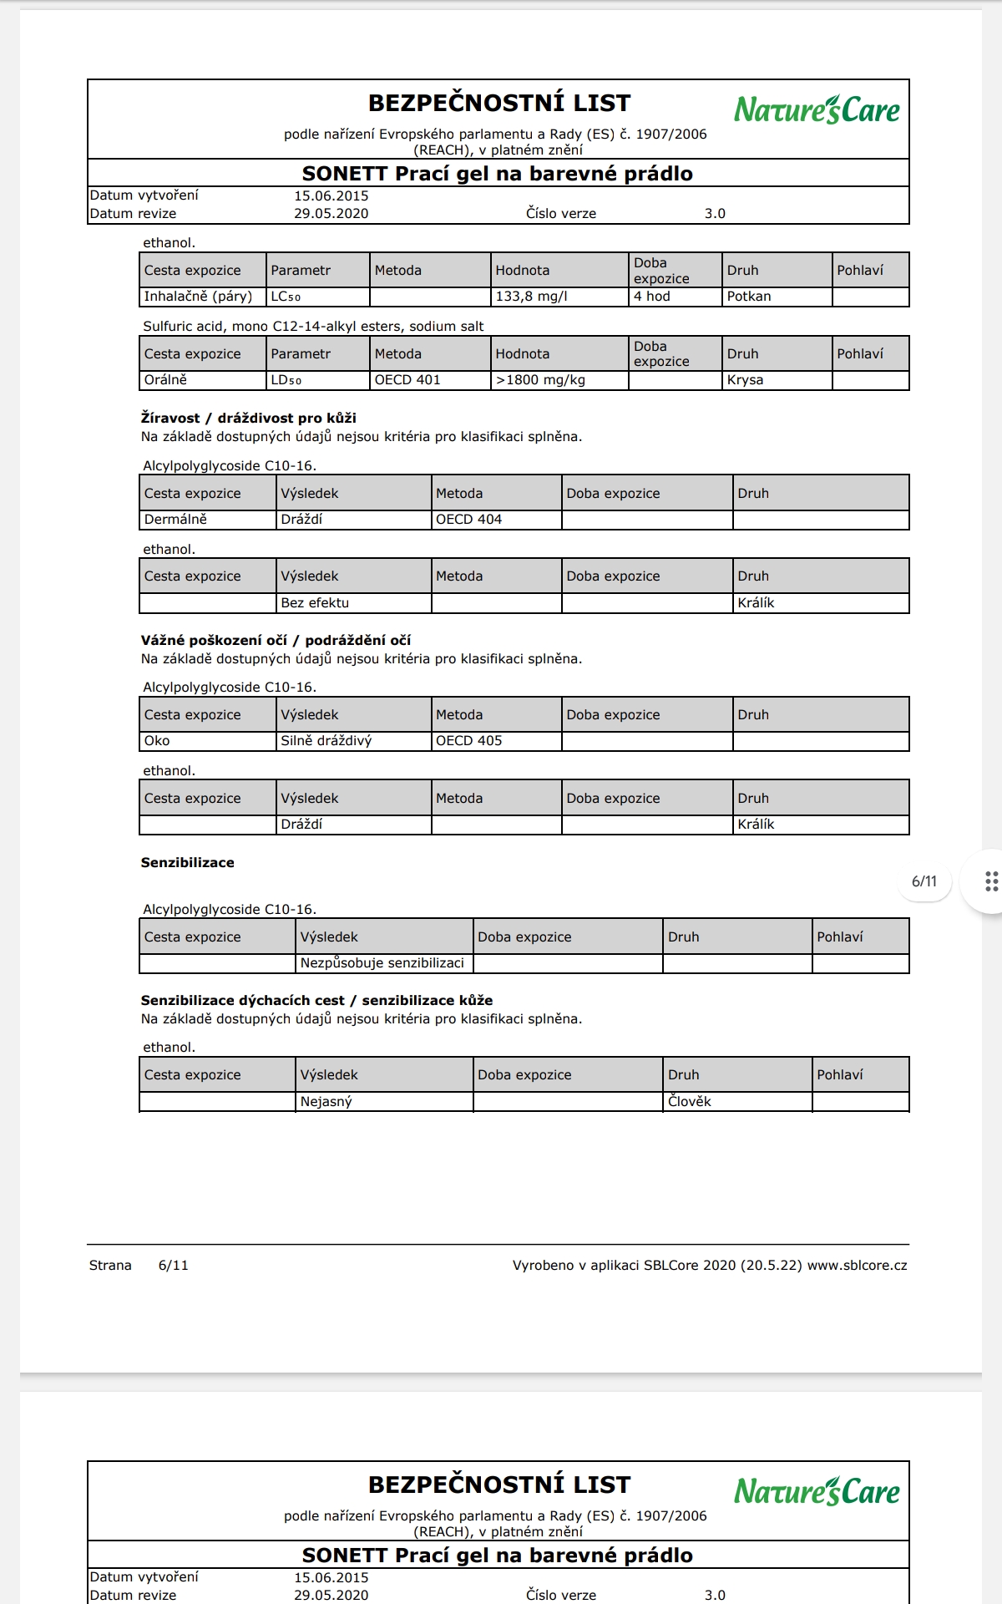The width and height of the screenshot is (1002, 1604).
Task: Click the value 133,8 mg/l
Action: (x=531, y=297)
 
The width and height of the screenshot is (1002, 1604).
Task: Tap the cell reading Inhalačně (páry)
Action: (x=198, y=297)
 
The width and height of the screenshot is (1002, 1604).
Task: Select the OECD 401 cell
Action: (x=407, y=380)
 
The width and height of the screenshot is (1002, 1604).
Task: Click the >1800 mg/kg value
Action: (x=540, y=380)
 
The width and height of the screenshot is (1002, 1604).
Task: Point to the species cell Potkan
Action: (x=749, y=297)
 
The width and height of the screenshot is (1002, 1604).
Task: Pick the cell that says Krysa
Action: (x=745, y=380)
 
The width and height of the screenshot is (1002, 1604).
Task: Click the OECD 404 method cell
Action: (x=468, y=520)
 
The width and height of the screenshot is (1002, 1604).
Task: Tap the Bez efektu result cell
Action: (x=315, y=603)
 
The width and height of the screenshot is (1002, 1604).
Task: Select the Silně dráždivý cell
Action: (x=326, y=741)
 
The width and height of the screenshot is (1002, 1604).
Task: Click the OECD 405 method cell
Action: (x=468, y=741)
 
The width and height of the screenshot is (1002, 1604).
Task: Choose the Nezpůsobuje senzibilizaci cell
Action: (x=382, y=963)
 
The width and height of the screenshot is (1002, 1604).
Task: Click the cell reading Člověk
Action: (x=690, y=1102)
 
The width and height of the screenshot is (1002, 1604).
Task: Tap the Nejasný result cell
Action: (x=326, y=1102)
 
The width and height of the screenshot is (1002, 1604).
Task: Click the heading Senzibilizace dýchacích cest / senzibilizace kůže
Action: (x=316, y=1001)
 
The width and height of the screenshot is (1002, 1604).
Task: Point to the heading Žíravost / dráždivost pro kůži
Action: (x=248, y=419)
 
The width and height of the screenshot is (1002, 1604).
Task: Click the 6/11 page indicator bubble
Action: (x=924, y=881)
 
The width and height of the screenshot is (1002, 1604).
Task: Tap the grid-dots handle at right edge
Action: (x=991, y=881)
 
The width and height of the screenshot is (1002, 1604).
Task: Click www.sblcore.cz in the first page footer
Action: (x=857, y=1266)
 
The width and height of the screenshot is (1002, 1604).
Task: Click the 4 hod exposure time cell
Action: (x=651, y=297)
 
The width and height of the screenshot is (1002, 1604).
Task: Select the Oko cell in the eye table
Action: (x=157, y=741)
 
